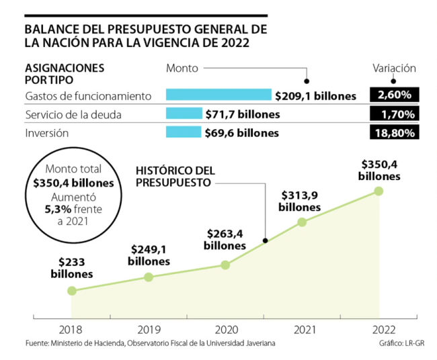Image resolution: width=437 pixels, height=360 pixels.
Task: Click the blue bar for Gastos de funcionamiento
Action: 218,95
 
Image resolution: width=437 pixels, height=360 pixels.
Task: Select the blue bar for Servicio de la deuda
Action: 184,114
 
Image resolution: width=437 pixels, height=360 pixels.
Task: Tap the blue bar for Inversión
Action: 184,132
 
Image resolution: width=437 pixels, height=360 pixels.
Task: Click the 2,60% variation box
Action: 395,95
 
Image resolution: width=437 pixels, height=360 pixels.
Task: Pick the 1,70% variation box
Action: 395,114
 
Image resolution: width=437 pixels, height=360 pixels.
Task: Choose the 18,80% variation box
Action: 395,132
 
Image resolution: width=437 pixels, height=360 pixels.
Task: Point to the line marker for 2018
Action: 72,291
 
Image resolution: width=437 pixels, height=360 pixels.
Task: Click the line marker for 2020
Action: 225,265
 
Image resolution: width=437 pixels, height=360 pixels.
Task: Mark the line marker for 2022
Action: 379,191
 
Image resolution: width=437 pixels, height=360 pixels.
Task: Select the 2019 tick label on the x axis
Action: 149,330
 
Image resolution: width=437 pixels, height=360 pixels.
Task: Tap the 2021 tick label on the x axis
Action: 302,330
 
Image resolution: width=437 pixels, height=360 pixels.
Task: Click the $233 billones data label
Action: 71,269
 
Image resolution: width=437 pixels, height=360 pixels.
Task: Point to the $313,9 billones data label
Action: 300,201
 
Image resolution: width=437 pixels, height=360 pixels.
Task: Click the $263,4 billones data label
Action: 225,240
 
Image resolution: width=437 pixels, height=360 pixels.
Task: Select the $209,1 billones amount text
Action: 315,96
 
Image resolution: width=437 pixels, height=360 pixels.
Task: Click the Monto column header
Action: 182,68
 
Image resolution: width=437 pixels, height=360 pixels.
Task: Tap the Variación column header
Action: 394,68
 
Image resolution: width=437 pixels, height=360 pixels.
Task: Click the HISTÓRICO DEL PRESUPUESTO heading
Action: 175,177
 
